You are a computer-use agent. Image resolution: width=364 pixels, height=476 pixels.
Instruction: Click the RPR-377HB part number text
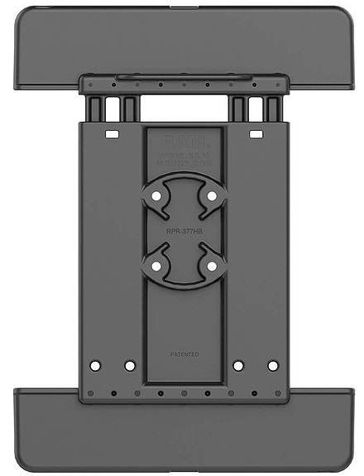183,233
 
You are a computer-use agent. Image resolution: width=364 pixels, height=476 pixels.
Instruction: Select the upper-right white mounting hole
213,196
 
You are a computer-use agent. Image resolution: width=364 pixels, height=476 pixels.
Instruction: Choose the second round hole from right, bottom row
238,365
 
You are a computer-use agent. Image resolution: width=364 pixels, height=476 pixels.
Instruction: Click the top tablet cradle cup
182,41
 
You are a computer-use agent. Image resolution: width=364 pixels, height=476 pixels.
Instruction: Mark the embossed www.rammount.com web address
183,155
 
